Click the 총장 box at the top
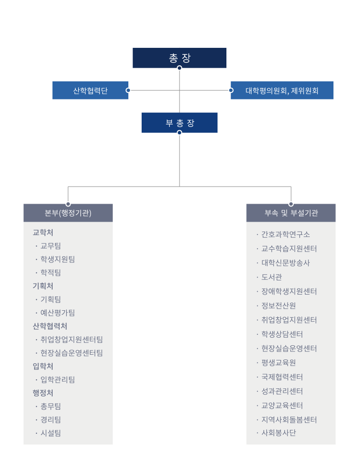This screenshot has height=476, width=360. pos(180,58)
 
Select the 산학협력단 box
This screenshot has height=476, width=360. pos(90,90)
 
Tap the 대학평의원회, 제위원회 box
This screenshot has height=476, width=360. pos(282,90)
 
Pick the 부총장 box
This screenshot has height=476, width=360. pos(180,123)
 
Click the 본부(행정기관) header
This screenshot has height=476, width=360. pos(68,213)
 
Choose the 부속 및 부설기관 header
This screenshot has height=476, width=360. pos(291,213)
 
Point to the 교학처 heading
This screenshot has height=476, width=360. pos(43,233)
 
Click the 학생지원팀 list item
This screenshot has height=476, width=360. pos(58,259)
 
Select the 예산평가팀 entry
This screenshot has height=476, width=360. pos(58,313)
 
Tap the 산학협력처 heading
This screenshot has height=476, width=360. pos(50,326)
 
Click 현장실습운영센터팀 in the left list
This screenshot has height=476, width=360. pos(72,353)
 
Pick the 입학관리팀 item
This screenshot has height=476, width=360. pos(58,379)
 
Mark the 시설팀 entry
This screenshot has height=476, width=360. pos(51,433)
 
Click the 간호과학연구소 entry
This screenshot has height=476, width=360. pos(286,234)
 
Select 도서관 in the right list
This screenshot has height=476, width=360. pos(272,277)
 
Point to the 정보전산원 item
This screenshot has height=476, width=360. pos(279,305)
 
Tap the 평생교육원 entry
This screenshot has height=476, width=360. pos(279,363)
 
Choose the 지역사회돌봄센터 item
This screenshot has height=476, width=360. pos(289,420)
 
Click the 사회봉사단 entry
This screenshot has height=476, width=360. pos(279,433)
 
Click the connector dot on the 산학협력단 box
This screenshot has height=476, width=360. pos(128,90)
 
